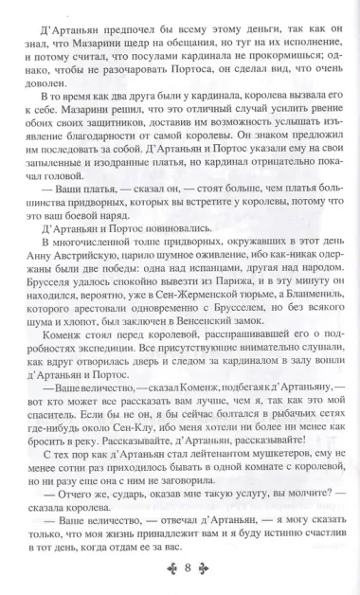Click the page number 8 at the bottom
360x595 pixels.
[x=180, y=568]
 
